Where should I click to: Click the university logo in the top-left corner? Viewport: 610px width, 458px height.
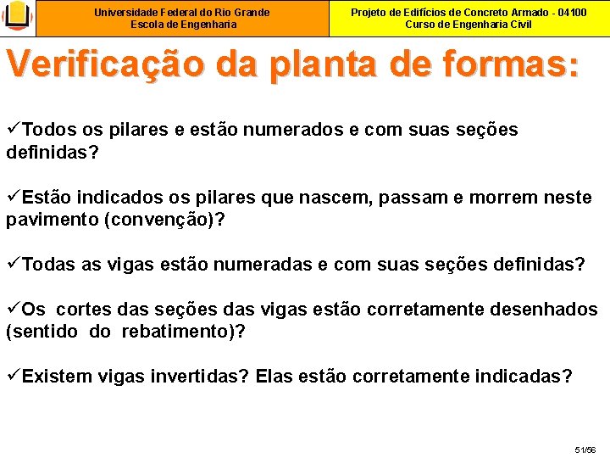[18, 18]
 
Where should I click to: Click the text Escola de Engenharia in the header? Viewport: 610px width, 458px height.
[181, 25]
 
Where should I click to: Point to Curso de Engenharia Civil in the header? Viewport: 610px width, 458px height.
[469, 25]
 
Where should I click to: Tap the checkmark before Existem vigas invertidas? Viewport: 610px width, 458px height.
[13, 376]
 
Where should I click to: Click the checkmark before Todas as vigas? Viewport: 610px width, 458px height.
[13, 265]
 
